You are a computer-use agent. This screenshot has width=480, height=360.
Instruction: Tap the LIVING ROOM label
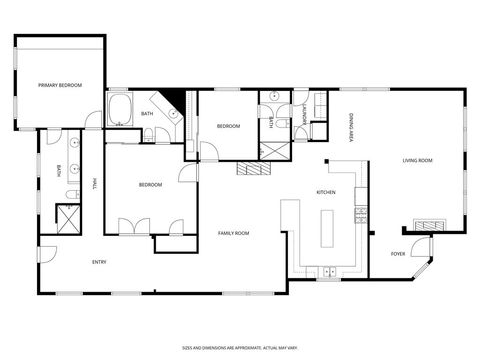(x=417, y=160)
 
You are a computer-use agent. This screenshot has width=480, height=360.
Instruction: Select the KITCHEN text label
(x=326, y=192)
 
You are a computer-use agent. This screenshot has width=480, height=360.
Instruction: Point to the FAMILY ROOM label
(x=233, y=233)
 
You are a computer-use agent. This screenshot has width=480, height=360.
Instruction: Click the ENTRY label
(x=99, y=262)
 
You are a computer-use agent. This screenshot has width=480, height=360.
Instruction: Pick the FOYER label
(x=398, y=253)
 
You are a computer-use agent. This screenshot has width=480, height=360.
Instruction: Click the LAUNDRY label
(x=304, y=115)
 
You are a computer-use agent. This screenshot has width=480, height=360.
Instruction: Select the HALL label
(x=95, y=183)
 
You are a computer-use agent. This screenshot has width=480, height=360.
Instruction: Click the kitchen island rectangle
(x=326, y=229)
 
